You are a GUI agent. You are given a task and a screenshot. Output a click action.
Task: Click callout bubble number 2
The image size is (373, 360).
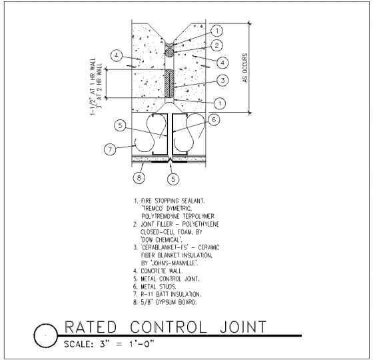pyautogui.click(x=216, y=45)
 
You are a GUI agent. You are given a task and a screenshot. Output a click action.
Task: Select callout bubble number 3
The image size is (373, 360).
pyautogui.click(x=222, y=80)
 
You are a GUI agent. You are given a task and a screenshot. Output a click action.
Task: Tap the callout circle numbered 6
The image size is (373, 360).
pyautogui.click(x=214, y=120)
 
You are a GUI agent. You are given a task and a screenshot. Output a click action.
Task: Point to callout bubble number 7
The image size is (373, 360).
pyautogui.click(x=110, y=149)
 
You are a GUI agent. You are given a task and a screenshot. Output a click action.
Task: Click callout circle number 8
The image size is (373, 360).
pyautogui.click(x=139, y=177)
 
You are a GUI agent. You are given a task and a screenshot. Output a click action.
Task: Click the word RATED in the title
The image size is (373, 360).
pyautogui.click(x=91, y=327)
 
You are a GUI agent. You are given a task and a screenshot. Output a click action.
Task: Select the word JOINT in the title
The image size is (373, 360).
pyautogui.click(x=243, y=327)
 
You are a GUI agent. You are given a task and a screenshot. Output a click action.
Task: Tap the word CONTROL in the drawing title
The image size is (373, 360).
pyautogui.click(x=169, y=327)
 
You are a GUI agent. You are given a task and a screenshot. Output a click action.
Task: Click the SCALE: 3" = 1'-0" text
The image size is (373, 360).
pyautogui.click(x=109, y=344)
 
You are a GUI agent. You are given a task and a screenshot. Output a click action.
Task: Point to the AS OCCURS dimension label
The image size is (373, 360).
pyautogui.click(x=245, y=68)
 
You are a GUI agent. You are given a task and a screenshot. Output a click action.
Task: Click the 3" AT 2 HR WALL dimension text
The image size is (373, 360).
pyautogui.click(x=100, y=86)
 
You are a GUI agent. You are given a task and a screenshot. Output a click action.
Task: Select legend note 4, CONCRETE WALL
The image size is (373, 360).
pyautogui.click(x=159, y=271)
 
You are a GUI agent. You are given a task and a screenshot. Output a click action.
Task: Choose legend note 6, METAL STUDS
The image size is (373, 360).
pyautogui.click(x=155, y=287)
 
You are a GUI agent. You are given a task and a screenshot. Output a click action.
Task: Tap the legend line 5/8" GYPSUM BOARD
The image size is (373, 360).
pyautogui.click(x=165, y=303)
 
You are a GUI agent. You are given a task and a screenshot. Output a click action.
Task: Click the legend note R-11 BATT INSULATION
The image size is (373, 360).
pyautogui.click(x=167, y=295)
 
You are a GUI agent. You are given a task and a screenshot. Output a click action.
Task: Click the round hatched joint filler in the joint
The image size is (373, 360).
pyautogui.click(x=169, y=52)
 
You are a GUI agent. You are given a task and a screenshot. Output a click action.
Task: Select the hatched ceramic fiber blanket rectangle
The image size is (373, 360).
pyautogui.click(x=169, y=83)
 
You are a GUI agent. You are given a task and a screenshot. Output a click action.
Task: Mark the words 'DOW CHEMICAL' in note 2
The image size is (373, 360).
pyautogui.click(x=160, y=240)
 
